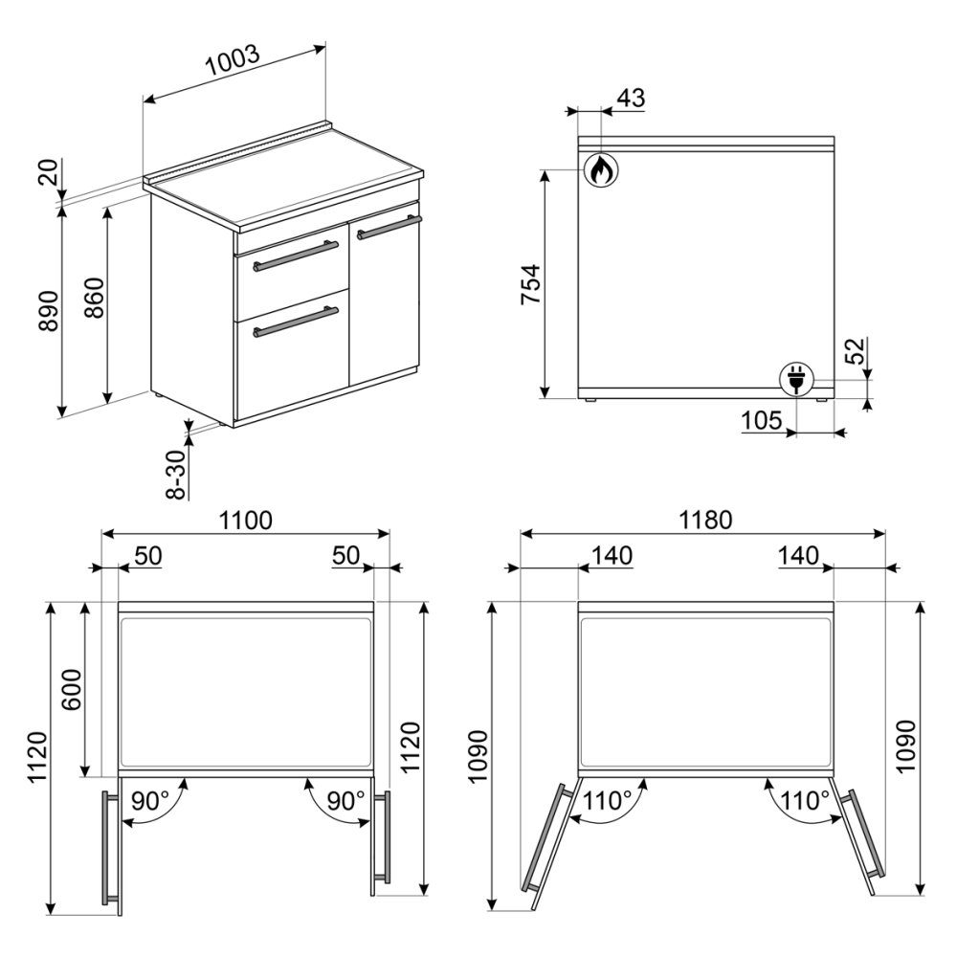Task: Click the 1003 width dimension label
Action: (233, 60)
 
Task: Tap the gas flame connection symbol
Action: (601, 169)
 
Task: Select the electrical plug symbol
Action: (796, 378)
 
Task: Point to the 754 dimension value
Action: (530, 284)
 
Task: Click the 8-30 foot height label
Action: (176, 475)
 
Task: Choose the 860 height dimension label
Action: (94, 298)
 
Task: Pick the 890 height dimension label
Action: (49, 311)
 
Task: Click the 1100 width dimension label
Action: (245, 520)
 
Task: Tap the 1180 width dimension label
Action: (705, 520)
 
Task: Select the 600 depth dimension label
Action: (72, 690)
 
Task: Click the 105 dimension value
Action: (761, 420)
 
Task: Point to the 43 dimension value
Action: (631, 98)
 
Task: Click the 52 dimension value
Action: (856, 350)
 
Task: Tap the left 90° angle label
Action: (150, 800)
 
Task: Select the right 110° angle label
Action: (805, 800)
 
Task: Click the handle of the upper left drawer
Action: (296, 256)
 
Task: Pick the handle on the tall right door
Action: (389, 227)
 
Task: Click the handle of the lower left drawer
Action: (296, 323)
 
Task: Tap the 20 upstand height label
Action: (49, 172)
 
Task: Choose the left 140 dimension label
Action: (612, 555)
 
